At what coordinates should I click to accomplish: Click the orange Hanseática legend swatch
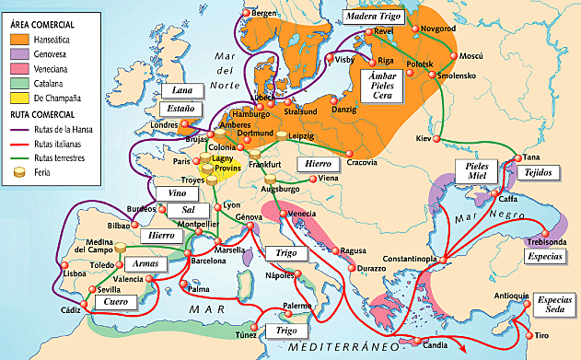coord(17,41)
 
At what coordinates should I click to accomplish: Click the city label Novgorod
coord(437,29)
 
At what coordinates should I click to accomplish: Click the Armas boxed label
coord(145,263)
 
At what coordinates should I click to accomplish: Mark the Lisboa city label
coord(48,273)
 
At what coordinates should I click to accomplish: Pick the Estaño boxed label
coord(180,110)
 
